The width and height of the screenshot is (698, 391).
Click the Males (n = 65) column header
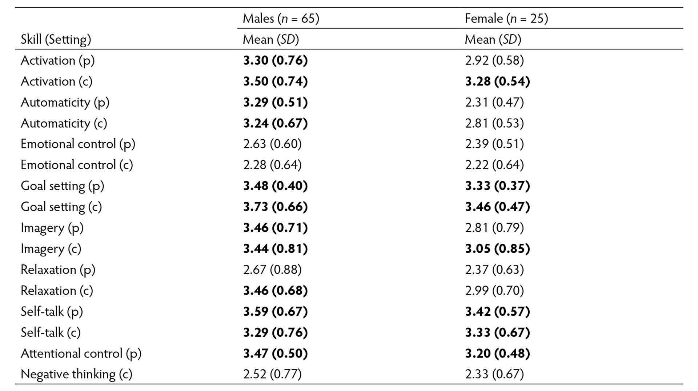tap(281, 18)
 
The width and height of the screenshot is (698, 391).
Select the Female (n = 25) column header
tap(506, 18)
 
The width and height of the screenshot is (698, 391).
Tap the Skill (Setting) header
tap(56, 39)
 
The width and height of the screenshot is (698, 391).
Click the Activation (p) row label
tap(57, 60)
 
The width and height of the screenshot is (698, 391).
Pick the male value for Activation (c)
tap(275, 81)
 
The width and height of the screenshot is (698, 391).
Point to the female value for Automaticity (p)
tap(494, 102)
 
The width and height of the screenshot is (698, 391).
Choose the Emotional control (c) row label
tap(77, 165)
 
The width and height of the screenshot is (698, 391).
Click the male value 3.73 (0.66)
tap(275, 207)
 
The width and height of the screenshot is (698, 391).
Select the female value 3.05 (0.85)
tap(497, 248)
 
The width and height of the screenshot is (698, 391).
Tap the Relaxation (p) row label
tap(58, 270)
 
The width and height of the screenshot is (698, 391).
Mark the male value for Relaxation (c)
tap(275, 291)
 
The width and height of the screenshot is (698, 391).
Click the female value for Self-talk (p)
tap(497, 311)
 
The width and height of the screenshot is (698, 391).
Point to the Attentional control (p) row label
tap(81, 353)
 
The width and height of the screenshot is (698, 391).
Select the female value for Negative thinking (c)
tap(494, 374)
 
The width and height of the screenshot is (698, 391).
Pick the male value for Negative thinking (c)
tap(272, 374)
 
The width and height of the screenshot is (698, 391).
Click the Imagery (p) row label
tap(52, 228)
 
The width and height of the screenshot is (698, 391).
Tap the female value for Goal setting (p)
tap(497, 186)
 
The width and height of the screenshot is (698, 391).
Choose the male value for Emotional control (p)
tap(272, 144)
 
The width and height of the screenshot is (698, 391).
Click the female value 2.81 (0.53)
tap(494, 123)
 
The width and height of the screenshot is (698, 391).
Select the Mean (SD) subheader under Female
tap(493, 39)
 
